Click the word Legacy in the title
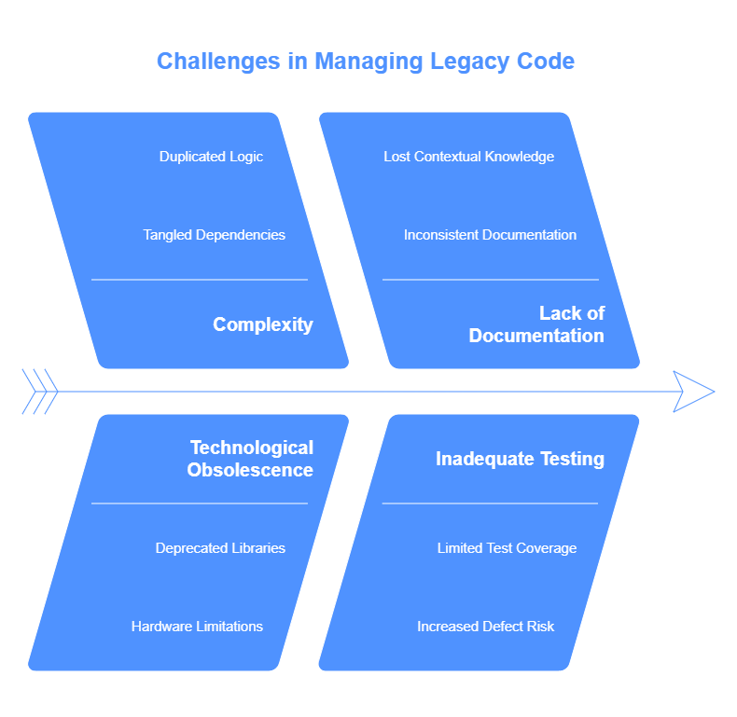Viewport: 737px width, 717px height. pyautogui.click(x=469, y=62)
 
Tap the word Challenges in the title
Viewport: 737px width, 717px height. pyautogui.click(x=218, y=62)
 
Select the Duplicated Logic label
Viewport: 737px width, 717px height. pyautogui.click(x=211, y=157)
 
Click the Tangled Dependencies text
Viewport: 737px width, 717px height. pyautogui.click(x=214, y=234)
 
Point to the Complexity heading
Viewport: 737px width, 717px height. pyautogui.click(x=263, y=324)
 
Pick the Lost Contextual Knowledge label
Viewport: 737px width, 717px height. pyautogui.click(x=468, y=157)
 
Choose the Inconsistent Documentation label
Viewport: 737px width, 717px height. pyautogui.click(x=490, y=234)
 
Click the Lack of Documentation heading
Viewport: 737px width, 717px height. pyautogui.click(x=536, y=324)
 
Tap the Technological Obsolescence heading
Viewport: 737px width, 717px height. pyautogui.click(x=250, y=459)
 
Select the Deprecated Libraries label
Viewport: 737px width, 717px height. pyautogui.click(x=220, y=548)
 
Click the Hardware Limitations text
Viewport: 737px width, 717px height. pyautogui.click(x=197, y=627)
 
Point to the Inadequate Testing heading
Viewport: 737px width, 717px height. pyautogui.click(x=520, y=459)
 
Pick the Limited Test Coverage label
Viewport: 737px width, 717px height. pyautogui.click(x=507, y=548)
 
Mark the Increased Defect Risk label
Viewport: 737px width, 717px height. pyautogui.click(x=485, y=627)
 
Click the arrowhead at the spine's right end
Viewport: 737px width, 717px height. pyautogui.click(x=694, y=392)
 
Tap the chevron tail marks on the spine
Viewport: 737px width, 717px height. pyautogui.click(x=40, y=392)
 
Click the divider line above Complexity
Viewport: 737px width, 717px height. pyautogui.click(x=200, y=280)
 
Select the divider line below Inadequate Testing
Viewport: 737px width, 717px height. pyautogui.click(x=490, y=503)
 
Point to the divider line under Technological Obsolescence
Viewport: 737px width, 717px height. pyautogui.click(x=200, y=503)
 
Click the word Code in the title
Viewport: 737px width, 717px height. pyautogui.click(x=546, y=62)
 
